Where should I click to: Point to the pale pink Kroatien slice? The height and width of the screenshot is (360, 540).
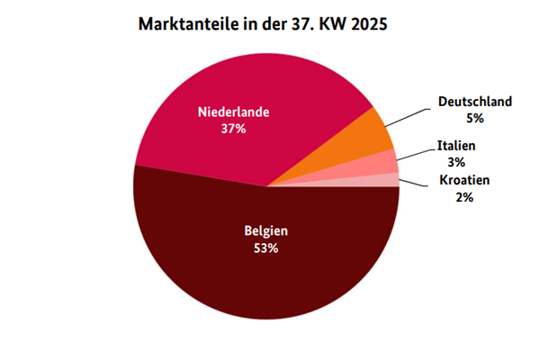pyautogui.click(x=389, y=180)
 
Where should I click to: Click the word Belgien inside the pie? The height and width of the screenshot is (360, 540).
pyautogui.click(x=266, y=231)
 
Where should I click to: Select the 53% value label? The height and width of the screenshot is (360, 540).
pyautogui.click(x=266, y=247)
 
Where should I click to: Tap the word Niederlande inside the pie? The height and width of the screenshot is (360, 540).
pyautogui.click(x=234, y=113)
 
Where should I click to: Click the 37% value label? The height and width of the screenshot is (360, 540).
pyautogui.click(x=234, y=130)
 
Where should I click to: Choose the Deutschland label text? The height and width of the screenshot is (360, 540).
pyautogui.click(x=474, y=102)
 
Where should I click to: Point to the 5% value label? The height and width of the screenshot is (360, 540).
pyautogui.click(x=474, y=118)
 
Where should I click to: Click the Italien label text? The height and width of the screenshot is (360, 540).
pyautogui.click(x=456, y=146)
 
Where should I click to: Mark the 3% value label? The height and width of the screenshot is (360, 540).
pyautogui.click(x=456, y=162)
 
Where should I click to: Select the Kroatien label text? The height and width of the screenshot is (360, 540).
pyautogui.click(x=464, y=180)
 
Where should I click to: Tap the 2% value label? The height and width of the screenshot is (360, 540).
pyautogui.click(x=464, y=196)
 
